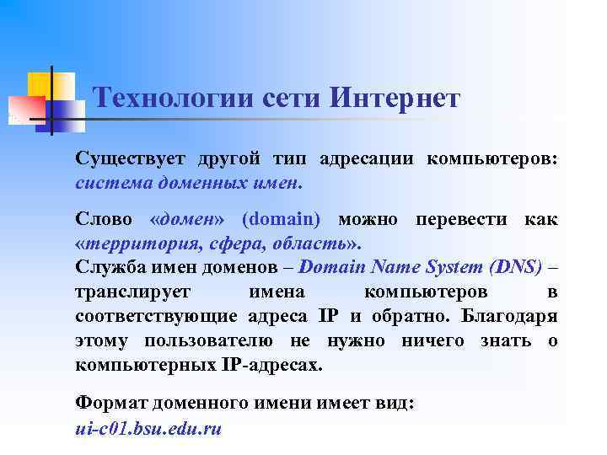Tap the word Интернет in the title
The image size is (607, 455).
click(395, 99)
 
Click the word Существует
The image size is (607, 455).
click(131, 158)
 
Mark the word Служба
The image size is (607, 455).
click(106, 268)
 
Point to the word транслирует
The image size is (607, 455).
click(134, 292)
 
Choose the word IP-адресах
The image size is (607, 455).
click(277, 366)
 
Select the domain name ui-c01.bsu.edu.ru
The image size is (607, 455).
click(148, 428)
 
